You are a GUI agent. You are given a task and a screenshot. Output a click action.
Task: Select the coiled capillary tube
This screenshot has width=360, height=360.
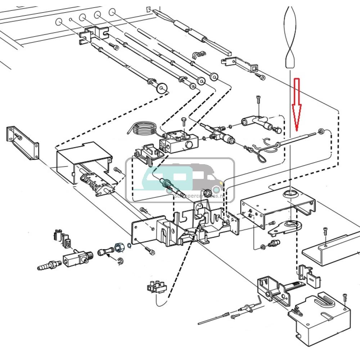[x=142, y=129]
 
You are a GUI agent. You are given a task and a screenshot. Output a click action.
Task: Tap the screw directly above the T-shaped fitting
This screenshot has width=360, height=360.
[x=258, y=99]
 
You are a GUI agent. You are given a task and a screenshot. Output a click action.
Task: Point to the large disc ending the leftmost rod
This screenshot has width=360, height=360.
[x=162, y=87]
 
